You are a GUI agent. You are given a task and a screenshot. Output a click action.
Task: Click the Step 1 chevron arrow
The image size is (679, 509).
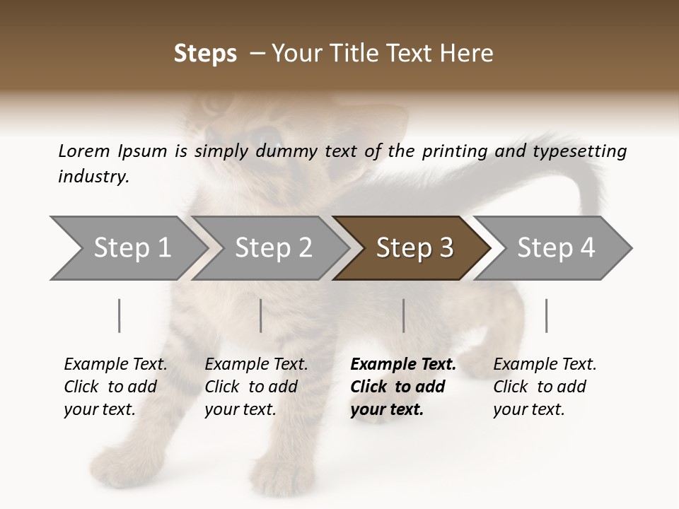coord(127,248)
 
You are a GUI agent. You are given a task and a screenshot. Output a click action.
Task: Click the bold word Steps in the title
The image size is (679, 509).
coord(205,54)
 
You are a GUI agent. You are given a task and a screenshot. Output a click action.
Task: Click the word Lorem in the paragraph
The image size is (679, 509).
coord(83,151)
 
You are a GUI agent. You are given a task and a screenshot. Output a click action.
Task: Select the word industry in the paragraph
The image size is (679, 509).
coord(93,176)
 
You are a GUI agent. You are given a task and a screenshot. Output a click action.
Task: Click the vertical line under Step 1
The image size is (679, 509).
coord(120,315)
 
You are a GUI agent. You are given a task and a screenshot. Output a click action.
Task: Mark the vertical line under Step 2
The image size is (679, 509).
coord(261,315)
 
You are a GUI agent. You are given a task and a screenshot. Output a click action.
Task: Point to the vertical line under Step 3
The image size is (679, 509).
coord(404,315)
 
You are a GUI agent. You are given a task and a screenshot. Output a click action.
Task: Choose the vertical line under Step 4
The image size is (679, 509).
coord(547,315)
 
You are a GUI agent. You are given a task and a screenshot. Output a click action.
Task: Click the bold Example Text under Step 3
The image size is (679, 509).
coord(403,365)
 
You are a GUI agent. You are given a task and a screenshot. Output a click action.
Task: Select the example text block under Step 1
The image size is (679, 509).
coord(115,387)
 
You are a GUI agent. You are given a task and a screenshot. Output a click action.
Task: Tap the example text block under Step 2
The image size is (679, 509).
coord(256,387)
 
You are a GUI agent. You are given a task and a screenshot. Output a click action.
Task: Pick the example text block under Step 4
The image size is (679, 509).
coord(545,387)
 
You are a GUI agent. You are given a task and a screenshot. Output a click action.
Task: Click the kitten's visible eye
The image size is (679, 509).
coord(267,134)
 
